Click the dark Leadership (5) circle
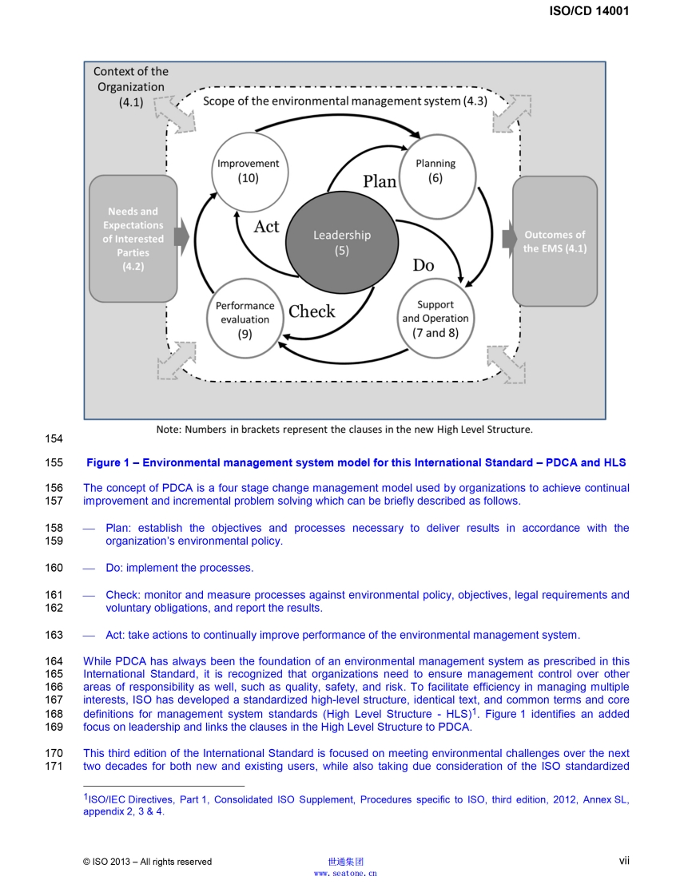[341, 242]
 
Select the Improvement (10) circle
[248, 170]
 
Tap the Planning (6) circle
[435, 170]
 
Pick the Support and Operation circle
[435, 318]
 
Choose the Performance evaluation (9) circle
[245, 319]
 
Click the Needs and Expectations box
[133, 239]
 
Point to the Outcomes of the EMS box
[555, 241]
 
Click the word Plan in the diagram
[380, 181]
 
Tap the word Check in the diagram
[312, 311]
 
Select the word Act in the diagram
[266, 227]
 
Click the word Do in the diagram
[424, 265]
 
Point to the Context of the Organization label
[131, 86]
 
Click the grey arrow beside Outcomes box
[509, 238]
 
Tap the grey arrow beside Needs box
[181, 238]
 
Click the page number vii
[624, 860]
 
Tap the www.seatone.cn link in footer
[345, 874]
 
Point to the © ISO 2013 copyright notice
[147, 861]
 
